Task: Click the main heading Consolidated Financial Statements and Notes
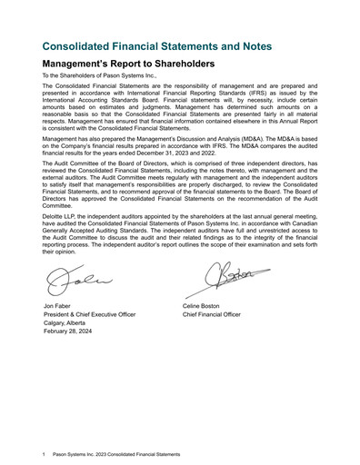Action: click(155, 45)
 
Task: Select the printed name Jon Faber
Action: click(57, 306)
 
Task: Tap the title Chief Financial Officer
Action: click(212, 314)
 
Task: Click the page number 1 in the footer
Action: click(44, 453)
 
